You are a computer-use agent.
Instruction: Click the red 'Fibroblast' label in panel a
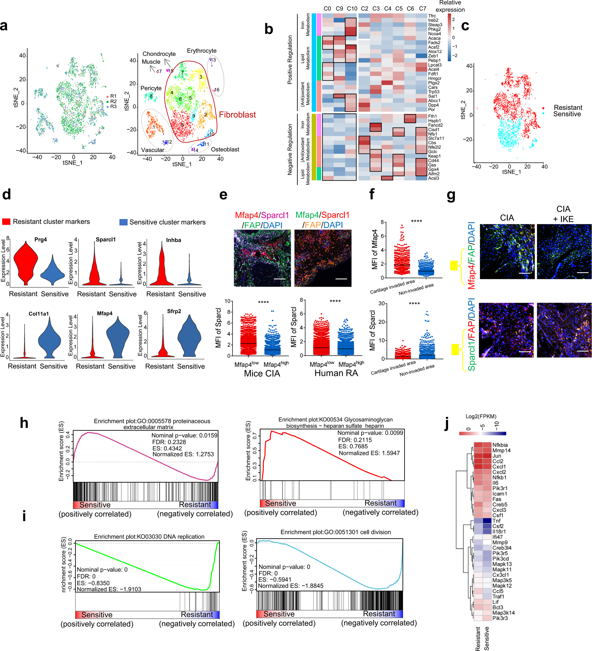237,115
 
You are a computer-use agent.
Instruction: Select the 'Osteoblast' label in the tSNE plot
225,150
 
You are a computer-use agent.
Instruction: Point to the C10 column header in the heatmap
352,9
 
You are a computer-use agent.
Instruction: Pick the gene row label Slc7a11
436,138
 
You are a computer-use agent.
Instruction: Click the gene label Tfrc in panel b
432,16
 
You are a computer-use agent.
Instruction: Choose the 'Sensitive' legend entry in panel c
567,114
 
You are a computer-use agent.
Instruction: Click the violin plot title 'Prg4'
41,240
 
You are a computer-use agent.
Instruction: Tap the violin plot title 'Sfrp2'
174,311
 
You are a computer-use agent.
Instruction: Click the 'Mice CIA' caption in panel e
262,373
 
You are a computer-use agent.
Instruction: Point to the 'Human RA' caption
336,373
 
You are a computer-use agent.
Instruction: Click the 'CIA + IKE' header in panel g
563,214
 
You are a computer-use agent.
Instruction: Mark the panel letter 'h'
24,423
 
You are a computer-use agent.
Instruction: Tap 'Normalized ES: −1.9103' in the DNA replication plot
109,589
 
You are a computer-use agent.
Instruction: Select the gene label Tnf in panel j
496,521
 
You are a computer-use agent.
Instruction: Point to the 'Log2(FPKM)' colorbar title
481,417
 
